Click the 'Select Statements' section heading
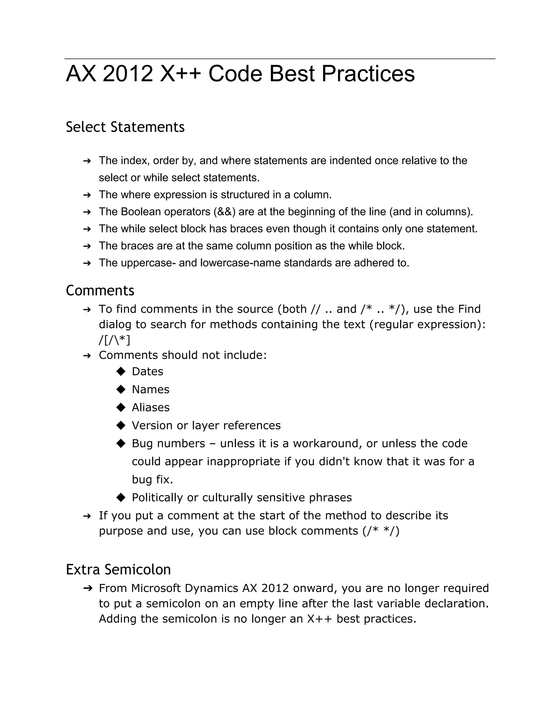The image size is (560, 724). point(125,127)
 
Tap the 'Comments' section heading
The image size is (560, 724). point(100,290)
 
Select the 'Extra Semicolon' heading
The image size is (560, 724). point(118,570)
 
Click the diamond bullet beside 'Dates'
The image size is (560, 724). point(121,371)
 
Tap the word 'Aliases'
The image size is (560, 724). point(151,407)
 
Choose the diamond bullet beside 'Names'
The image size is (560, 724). point(121,389)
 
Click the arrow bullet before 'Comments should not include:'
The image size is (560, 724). point(87,356)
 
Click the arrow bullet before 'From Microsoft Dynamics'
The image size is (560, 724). point(87,588)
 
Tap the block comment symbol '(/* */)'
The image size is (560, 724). point(381,531)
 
